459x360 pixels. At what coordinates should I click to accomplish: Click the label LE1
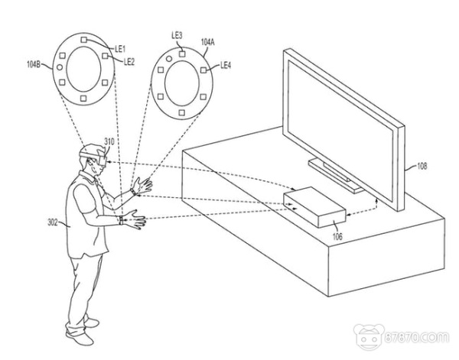[120, 49]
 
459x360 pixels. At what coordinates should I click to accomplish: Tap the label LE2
[129, 61]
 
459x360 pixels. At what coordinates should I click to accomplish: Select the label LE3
[177, 36]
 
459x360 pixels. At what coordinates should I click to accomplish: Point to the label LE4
[226, 65]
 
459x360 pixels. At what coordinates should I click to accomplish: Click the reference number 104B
[34, 64]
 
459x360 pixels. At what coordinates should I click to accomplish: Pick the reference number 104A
[207, 42]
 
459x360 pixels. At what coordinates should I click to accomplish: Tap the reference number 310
[109, 142]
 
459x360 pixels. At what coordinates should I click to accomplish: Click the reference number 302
[53, 222]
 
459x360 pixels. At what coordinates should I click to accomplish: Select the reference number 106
[337, 236]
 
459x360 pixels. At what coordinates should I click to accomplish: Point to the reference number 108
[422, 166]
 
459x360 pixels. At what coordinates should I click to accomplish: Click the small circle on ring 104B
[60, 67]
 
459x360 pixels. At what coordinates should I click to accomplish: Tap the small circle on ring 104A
[169, 59]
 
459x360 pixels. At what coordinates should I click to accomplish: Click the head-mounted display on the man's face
[99, 158]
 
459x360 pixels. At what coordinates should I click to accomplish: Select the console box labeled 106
[314, 207]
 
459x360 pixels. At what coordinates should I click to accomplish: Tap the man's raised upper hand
[143, 186]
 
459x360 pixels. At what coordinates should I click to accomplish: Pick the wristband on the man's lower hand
[121, 220]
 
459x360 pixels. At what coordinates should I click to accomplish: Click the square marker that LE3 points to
[182, 54]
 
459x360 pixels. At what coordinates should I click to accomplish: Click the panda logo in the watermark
[369, 337]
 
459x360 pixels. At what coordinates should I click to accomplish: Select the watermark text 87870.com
[416, 337]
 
